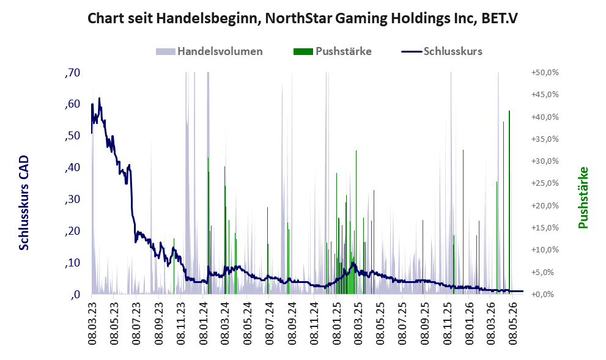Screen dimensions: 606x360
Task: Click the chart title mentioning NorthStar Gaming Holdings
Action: coord(302,18)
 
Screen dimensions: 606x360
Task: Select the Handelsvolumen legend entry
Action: coord(209,51)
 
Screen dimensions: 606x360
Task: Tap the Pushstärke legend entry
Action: coord(333,51)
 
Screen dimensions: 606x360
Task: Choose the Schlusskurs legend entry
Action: coord(442,51)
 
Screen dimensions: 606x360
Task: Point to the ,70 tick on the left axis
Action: coord(72,73)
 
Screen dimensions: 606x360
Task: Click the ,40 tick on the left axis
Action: coord(72,167)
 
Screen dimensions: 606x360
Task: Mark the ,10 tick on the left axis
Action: coord(72,263)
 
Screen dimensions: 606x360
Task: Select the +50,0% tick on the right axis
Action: coord(545,73)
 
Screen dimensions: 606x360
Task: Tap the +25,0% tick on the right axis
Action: coord(545,183)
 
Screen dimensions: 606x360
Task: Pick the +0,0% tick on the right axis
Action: coord(545,294)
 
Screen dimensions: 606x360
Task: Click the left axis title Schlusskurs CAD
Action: coord(24,203)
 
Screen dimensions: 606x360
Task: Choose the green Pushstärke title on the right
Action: coord(583,197)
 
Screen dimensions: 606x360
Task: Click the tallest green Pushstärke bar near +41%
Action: coord(509,202)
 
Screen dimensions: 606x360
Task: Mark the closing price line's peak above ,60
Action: coord(99,98)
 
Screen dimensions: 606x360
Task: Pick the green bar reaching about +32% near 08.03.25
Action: coord(356,222)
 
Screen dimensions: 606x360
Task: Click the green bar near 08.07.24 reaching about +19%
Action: coord(267,251)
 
